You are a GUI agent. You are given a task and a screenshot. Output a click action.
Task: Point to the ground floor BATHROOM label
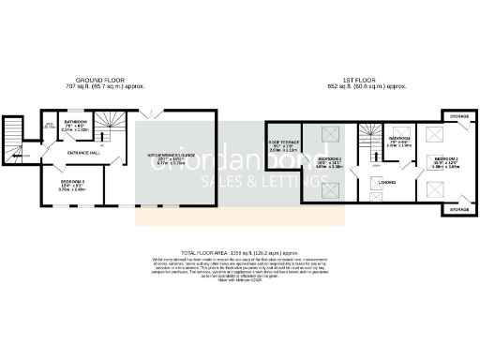(x=75, y=121)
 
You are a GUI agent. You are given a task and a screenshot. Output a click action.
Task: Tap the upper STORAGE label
(x=457, y=116)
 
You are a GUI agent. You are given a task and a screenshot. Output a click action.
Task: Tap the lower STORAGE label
(x=457, y=210)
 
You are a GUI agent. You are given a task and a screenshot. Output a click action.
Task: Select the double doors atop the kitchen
(x=152, y=113)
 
